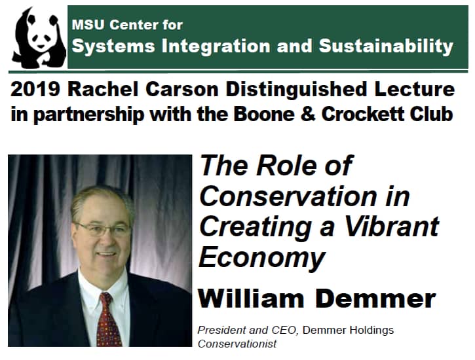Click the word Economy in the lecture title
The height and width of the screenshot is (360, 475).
[261, 257]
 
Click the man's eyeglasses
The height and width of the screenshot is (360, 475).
[104, 230]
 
